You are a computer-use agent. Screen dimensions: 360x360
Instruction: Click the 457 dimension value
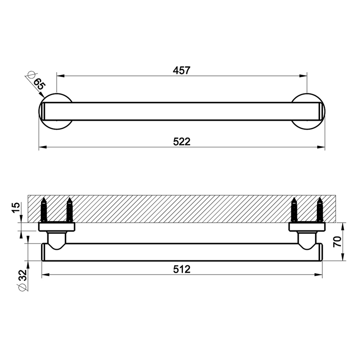pyautogui.click(x=182, y=70)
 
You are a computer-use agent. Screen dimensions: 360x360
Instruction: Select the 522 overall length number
pyautogui.click(x=182, y=141)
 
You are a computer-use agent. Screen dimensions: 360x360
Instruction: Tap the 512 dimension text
pyautogui.click(x=182, y=269)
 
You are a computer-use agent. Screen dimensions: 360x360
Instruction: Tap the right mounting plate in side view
pyautogui.click(x=307, y=227)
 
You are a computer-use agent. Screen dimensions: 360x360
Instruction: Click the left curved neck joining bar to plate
pyautogui.click(x=56, y=239)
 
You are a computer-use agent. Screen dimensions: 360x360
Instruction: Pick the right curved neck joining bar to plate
pyautogui.click(x=307, y=239)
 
